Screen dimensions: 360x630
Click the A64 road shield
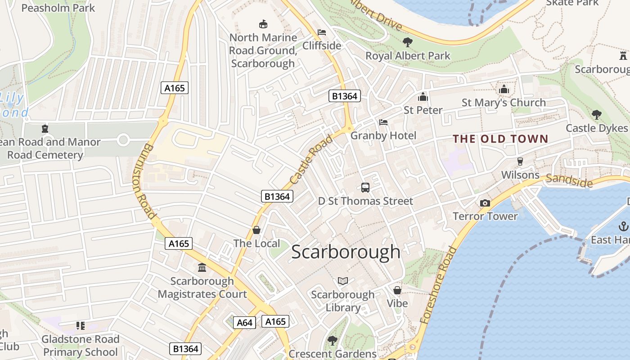(244, 323)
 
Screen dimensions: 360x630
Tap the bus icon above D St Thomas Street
(365, 187)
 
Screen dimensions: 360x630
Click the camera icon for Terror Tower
(485, 203)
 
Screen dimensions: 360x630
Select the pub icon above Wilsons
(520, 161)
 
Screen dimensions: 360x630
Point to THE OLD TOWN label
(500, 139)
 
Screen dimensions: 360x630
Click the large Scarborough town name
(346, 252)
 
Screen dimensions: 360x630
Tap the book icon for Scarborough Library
(343, 281)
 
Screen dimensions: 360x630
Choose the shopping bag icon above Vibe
(397, 290)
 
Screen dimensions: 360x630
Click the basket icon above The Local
(256, 230)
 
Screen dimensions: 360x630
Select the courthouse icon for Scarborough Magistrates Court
(202, 268)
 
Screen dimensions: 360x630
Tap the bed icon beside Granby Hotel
(383, 122)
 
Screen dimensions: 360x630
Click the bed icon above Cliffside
(322, 32)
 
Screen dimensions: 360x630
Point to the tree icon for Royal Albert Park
(408, 42)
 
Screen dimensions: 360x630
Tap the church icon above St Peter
(423, 97)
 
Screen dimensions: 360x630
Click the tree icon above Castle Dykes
(597, 115)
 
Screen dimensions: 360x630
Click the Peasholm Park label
(58, 8)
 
